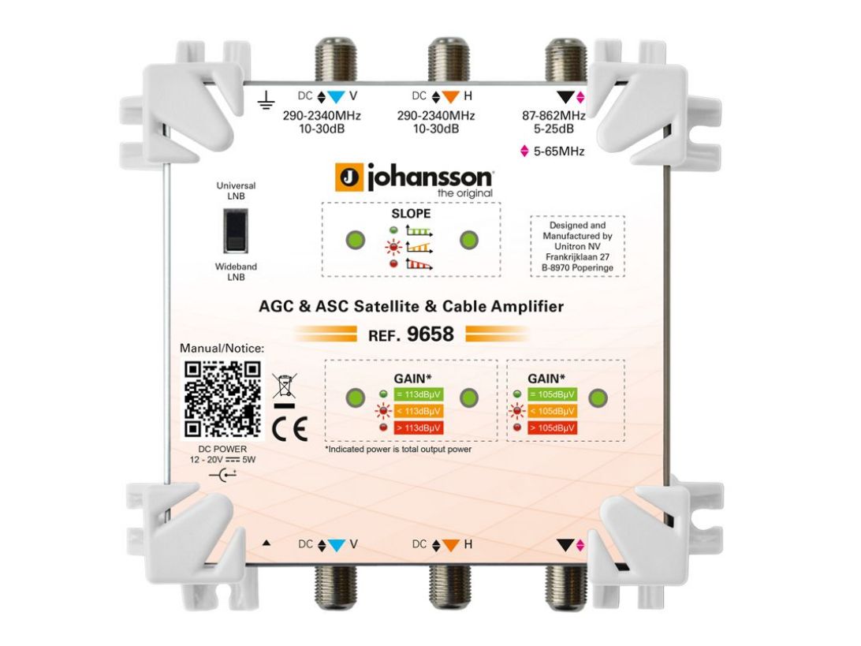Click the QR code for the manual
click(x=222, y=399)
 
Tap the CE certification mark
click(x=289, y=429)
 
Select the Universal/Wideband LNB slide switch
click(x=236, y=230)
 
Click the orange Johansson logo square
click(x=348, y=177)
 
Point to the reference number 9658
click(x=430, y=334)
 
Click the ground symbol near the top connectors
click(x=266, y=99)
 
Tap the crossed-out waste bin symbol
click(x=285, y=385)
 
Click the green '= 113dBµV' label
click(x=419, y=394)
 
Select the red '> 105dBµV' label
click(x=552, y=428)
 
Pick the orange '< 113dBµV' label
click(x=419, y=411)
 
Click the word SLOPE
click(x=411, y=213)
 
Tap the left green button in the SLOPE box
click(x=356, y=240)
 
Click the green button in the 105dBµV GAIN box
click(x=598, y=398)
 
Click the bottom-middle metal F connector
click(x=449, y=587)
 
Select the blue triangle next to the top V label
click(x=336, y=97)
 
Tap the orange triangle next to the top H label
click(x=450, y=97)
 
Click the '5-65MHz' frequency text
click(x=559, y=151)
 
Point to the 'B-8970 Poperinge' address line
click(x=577, y=267)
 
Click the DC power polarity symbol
click(x=223, y=475)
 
